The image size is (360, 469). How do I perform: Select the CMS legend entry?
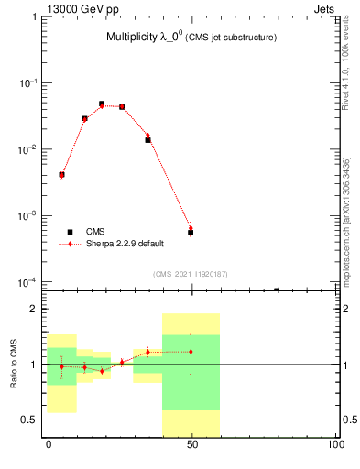point(96,232)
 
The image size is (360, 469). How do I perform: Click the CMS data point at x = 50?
point(191,233)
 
